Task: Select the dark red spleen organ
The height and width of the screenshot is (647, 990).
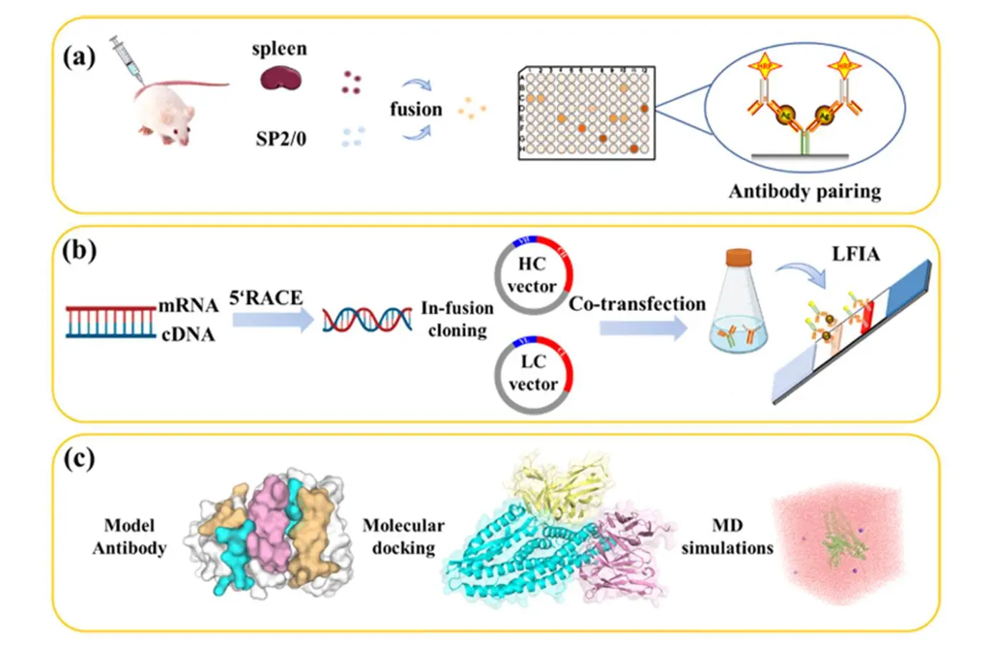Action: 280,78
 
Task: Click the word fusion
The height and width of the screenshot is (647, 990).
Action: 416,109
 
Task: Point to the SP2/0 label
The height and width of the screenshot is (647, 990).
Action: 280,139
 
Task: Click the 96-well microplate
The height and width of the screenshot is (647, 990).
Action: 586,112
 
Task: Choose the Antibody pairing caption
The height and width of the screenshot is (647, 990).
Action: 804,192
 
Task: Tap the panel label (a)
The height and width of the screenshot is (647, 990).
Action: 79,56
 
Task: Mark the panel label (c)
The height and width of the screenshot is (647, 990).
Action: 79,458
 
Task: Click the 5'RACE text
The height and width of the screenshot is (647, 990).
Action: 266,298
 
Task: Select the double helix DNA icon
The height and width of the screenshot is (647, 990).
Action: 367,319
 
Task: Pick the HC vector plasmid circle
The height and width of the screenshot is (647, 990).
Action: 533,275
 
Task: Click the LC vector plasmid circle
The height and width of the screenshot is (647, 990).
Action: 533,374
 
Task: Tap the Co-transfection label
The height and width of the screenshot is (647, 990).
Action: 637,304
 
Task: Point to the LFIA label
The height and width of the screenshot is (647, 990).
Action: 855,254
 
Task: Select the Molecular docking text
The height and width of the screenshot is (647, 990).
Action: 403,536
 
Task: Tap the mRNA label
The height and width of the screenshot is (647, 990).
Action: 188,305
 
